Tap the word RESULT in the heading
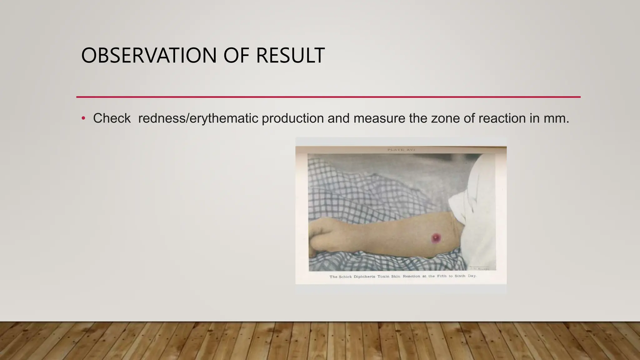tap(290, 56)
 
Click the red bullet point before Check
tap(83, 118)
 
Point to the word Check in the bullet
tap(112, 118)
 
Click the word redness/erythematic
tap(198, 118)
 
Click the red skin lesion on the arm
tap(436, 238)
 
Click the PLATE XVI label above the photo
tap(401, 150)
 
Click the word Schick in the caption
tap(345, 277)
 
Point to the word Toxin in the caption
tap(383, 277)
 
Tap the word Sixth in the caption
tap(460, 276)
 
